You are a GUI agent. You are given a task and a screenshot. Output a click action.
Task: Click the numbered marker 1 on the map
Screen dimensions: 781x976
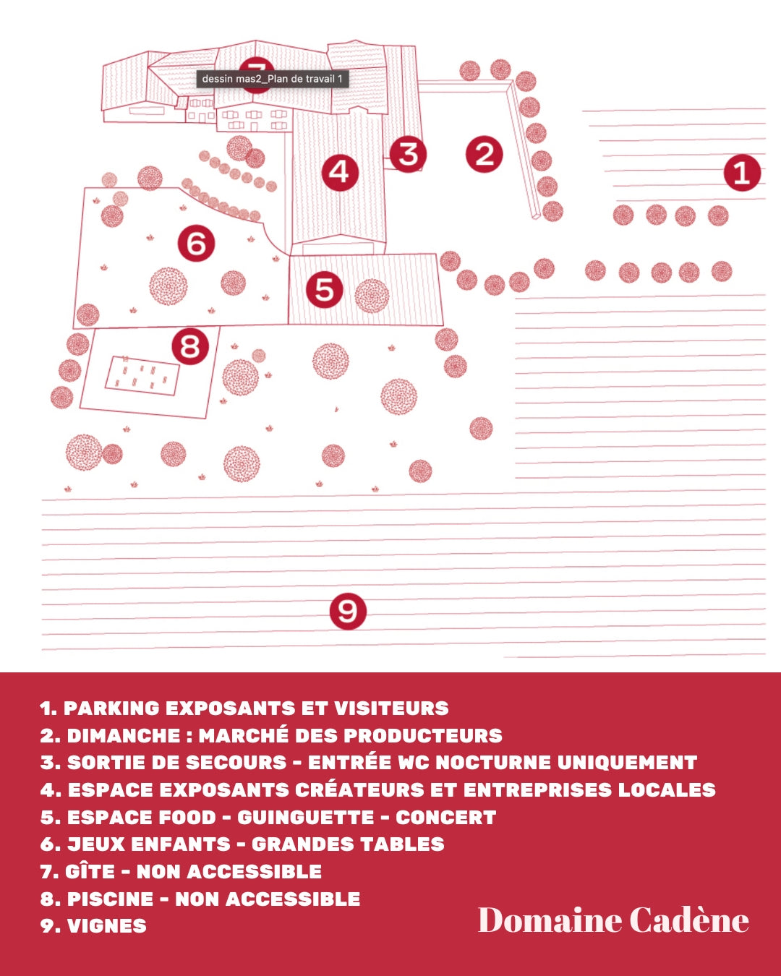(x=742, y=172)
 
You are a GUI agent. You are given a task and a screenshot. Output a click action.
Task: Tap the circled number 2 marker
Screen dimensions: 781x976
(x=485, y=154)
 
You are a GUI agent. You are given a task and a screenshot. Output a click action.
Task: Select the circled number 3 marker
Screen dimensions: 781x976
(x=408, y=154)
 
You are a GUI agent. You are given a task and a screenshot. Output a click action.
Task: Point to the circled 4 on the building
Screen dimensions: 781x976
(x=340, y=172)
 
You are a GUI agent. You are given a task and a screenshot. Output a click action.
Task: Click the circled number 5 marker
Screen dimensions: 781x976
(x=325, y=289)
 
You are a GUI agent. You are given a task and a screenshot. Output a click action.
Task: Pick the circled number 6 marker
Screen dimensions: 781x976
(x=196, y=243)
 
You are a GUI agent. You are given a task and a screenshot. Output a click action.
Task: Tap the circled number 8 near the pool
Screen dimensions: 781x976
(x=190, y=346)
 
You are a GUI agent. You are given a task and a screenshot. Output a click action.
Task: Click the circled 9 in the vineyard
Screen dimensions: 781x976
(x=348, y=611)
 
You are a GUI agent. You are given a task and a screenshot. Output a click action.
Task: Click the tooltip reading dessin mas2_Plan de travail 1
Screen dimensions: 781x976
(x=273, y=79)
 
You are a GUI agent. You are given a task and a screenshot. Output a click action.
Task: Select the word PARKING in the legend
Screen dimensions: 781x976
(x=111, y=709)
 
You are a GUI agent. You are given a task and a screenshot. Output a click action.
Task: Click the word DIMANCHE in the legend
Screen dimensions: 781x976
(x=124, y=736)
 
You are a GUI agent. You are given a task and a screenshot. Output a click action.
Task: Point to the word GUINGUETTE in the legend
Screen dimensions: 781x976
(x=305, y=817)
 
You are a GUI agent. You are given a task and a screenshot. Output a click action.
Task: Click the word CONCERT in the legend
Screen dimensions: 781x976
(x=445, y=817)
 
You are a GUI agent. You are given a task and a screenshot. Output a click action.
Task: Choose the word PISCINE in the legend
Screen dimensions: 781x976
(x=110, y=899)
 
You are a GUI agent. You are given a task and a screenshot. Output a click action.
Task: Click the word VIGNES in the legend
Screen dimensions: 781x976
(x=107, y=926)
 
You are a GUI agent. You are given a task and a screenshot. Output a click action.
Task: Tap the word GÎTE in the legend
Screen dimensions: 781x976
(x=90, y=870)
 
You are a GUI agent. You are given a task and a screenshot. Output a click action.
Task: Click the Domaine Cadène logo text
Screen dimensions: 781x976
(x=613, y=920)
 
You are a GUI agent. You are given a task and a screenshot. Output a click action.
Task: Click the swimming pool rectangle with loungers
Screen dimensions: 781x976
(x=142, y=375)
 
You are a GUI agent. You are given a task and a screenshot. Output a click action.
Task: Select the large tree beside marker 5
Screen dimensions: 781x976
(x=372, y=296)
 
